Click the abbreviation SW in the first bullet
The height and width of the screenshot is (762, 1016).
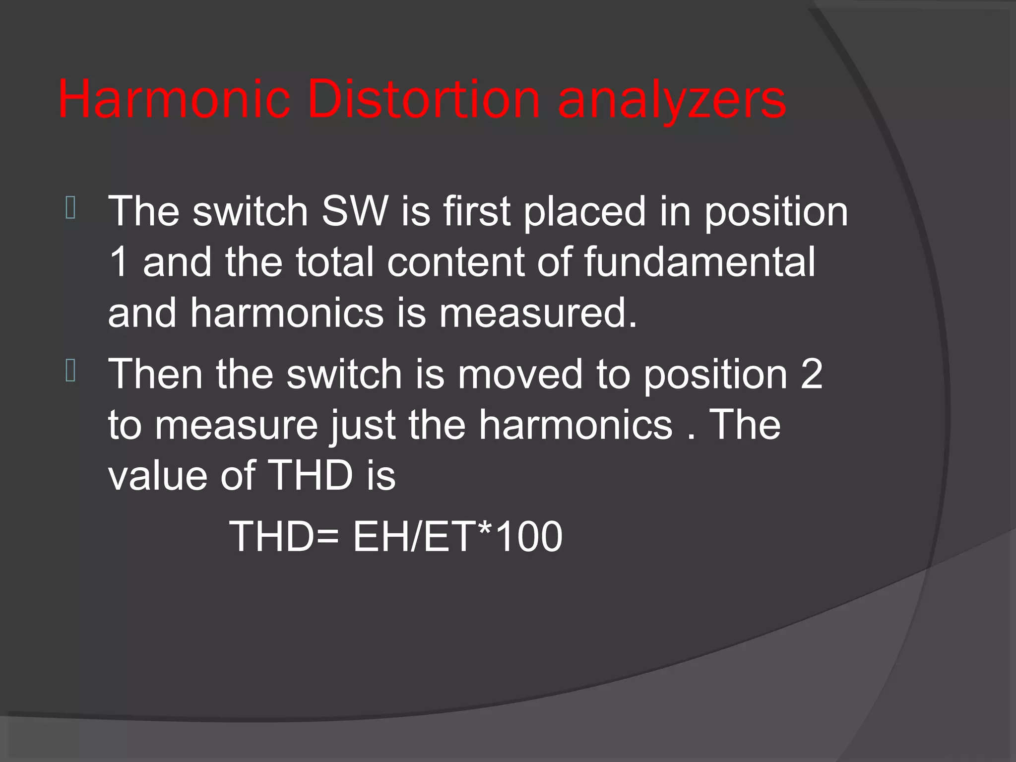tap(355, 211)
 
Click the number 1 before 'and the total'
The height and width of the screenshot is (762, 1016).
tap(120, 262)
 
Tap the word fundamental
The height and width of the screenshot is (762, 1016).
tap(699, 262)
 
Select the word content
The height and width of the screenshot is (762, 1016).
tap(455, 262)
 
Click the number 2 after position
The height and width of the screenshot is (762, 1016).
tap(812, 374)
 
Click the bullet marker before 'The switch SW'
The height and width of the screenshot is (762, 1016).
tap(70, 208)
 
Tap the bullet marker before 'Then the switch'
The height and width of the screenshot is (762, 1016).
tap(70, 371)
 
